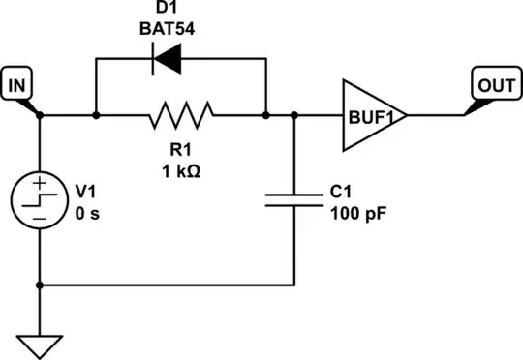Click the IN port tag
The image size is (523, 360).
(x=16, y=86)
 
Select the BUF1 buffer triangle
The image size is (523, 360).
(x=371, y=115)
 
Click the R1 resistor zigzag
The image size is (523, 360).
(x=180, y=115)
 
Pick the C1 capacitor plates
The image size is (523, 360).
(x=293, y=200)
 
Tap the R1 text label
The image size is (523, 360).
(x=180, y=150)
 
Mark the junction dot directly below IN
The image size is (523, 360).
(x=40, y=115)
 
